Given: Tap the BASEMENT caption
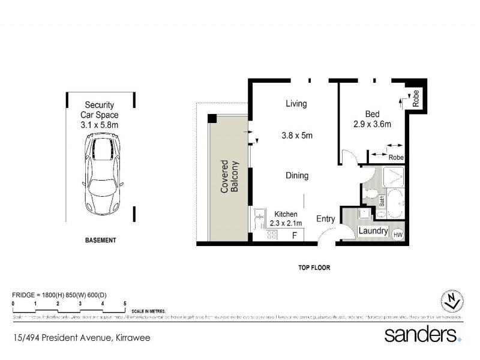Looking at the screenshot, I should (100, 241).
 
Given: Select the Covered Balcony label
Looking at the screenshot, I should (229, 176).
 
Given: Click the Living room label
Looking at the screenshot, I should (296, 104).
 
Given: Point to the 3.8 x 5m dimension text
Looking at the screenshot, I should (297, 136).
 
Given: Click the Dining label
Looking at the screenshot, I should (297, 176).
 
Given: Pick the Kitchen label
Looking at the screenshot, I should (286, 214).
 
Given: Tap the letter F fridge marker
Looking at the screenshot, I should (294, 235).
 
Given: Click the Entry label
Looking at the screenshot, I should (326, 219).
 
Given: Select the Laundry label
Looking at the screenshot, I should (373, 231).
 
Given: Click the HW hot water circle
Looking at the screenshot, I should (398, 235).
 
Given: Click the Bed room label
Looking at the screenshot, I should (372, 114).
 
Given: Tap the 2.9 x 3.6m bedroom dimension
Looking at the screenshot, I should (372, 125).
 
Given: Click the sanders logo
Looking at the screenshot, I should (422, 334).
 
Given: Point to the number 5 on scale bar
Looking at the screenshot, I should (125, 304).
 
